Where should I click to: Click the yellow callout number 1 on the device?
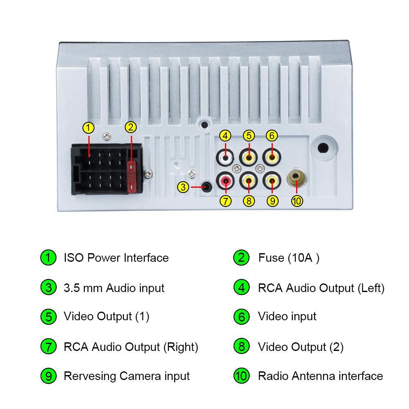pos(88,128)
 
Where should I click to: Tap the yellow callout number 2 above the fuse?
pos(130,127)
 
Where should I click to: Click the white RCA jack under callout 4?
pos(225,156)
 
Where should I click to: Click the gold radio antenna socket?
pos(297,177)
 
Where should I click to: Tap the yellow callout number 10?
pos(297,201)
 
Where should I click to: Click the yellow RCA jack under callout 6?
pos(272,156)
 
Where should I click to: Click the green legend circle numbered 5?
pos(48,317)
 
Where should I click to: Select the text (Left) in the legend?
pos(371,288)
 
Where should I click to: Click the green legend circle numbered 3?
pos(48,288)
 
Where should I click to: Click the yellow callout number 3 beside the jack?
pos(184,187)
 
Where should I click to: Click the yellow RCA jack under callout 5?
pos(248,156)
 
